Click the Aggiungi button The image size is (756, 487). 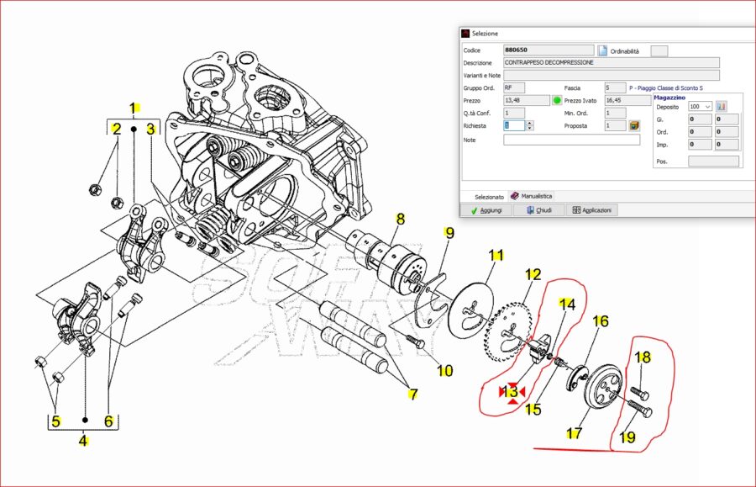486,209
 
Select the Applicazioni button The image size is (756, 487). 591,209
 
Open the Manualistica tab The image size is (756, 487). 532,196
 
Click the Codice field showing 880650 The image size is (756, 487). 548,50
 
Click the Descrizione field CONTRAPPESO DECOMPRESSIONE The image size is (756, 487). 611,62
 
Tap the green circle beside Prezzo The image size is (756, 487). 557,100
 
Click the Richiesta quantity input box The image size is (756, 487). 513,125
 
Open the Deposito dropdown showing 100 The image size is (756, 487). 699,107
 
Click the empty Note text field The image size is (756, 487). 571,140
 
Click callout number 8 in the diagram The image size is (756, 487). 400,219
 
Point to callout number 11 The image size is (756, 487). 496,255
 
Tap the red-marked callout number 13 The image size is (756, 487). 512,392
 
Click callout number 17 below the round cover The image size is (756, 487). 574,434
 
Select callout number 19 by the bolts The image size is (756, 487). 627,437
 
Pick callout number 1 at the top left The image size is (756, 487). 133,108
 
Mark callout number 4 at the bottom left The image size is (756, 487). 83,439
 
